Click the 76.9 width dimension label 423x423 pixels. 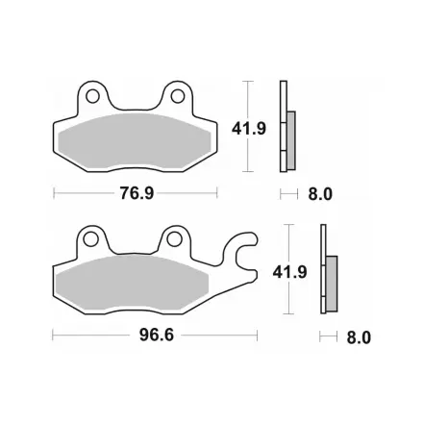point(137,193)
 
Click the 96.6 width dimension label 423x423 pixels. point(157,336)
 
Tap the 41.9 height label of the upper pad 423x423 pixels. point(249,129)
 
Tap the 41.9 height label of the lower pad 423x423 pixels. point(289,272)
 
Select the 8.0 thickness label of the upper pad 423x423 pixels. point(320,194)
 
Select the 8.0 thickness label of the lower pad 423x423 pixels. point(359,337)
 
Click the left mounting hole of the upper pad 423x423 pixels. point(92,96)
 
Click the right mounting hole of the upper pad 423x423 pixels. point(178,96)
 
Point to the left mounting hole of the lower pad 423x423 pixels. point(90,239)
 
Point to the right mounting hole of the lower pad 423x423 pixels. point(174,238)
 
